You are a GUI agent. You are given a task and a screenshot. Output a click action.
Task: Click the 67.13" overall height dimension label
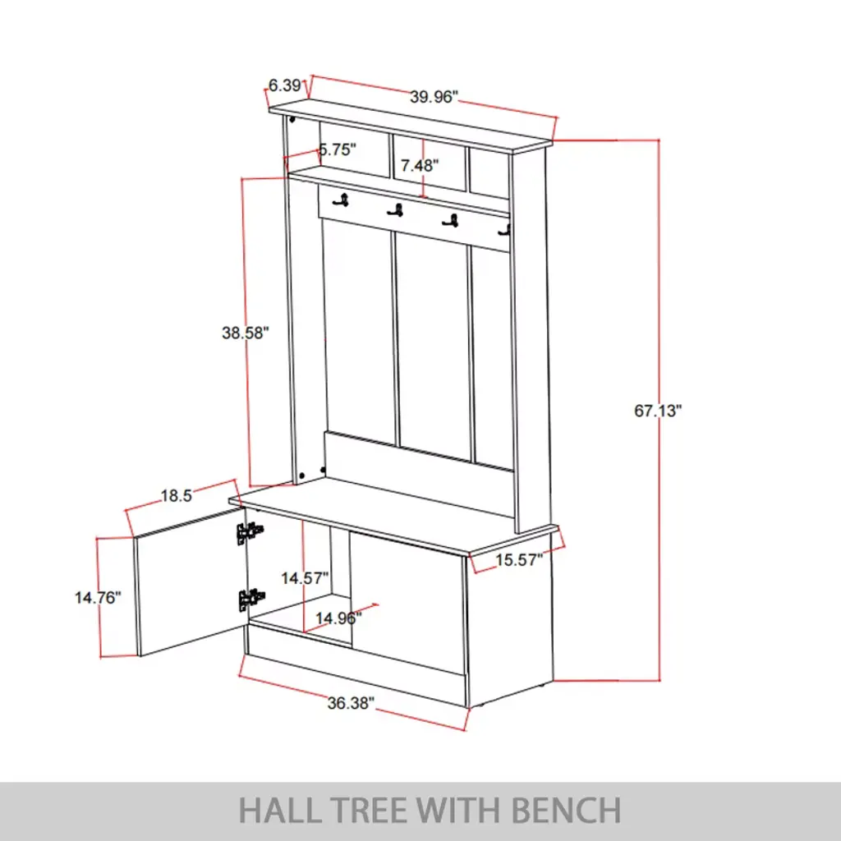[658, 411]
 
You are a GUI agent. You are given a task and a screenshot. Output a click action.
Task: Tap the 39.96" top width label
[434, 97]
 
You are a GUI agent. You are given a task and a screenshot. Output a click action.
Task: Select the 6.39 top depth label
[284, 85]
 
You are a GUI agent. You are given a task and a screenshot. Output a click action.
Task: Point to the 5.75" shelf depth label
[338, 149]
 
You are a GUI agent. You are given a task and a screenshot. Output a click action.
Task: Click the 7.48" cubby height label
[420, 166]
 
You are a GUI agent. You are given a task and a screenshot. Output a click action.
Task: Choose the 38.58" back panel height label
[245, 333]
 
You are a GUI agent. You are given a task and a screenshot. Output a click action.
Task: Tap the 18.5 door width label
[177, 495]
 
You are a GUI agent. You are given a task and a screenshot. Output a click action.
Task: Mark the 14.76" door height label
[98, 598]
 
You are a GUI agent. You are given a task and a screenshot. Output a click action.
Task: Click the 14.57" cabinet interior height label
[305, 578]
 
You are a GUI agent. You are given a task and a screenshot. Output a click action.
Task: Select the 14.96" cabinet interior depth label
[338, 618]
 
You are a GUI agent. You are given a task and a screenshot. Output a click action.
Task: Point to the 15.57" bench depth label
[519, 560]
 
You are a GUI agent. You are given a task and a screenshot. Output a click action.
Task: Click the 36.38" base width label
[351, 703]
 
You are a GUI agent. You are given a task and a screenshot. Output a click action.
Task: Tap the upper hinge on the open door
[249, 533]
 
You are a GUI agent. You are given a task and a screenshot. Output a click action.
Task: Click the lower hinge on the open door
[250, 600]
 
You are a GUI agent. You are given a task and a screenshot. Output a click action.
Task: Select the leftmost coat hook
[342, 200]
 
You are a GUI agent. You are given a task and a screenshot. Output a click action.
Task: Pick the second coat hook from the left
[395, 211]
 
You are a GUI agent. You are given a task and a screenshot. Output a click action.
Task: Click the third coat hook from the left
[451, 220]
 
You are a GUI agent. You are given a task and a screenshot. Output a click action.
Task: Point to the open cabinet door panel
[190, 582]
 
